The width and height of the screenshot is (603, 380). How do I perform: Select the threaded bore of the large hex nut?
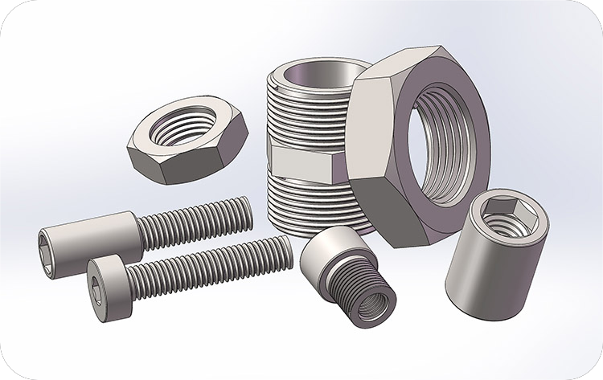tap(441, 149)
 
